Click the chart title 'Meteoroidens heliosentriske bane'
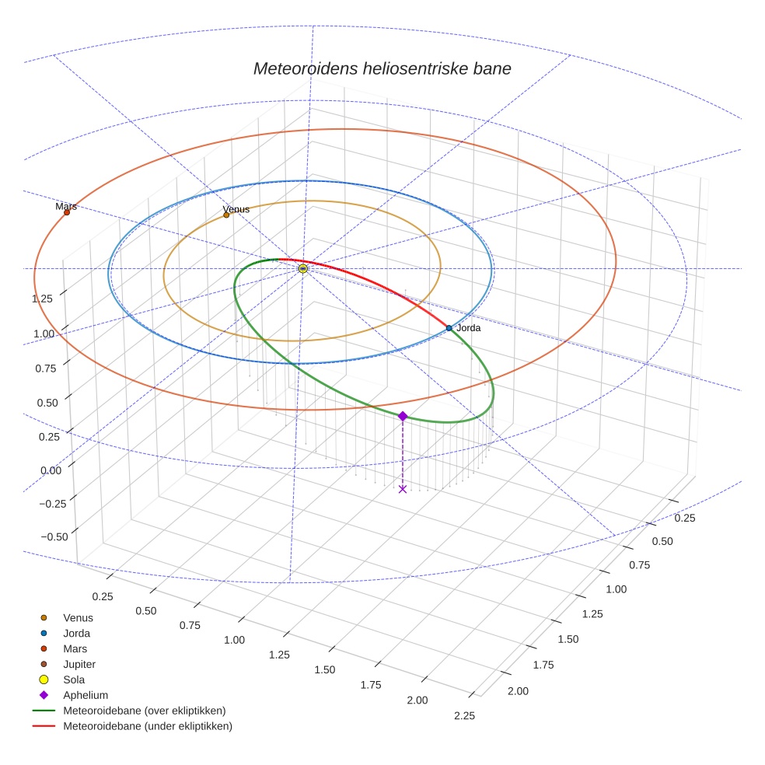click(x=382, y=68)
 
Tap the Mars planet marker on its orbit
click(x=67, y=212)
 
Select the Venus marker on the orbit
click(x=226, y=215)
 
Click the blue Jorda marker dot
click(x=449, y=328)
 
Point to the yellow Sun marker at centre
click(x=302, y=268)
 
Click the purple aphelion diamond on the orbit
click(x=403, y=417)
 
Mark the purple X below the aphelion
click(x=402, y=488)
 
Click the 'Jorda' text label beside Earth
click(x=469, y=328)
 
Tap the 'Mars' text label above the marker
click(x=66, y=206)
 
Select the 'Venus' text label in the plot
click(x=236, y=209)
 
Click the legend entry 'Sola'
click(x=74, y=679)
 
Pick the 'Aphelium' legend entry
click(x=85, y=695)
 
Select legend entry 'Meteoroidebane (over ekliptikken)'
click(x=144, y=711)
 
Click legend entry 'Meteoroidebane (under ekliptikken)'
click(x=147, y=726)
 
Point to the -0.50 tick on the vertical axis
click(x=52, y=536)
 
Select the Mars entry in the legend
click(x=75, y=648)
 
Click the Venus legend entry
click(x=78, y=617)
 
